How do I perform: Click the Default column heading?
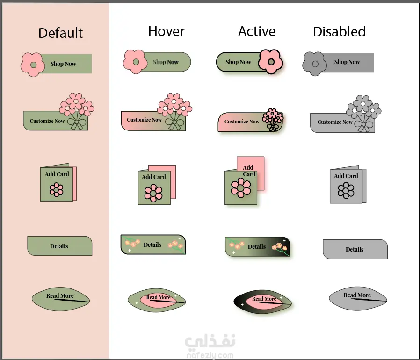coord(60,33)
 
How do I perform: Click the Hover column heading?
coord(166,31)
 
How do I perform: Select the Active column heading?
coord(257,31)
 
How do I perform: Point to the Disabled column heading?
coord(339,32)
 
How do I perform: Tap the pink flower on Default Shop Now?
coord(33,64)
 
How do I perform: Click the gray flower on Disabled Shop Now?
coord(315,64)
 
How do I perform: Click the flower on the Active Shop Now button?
coord(271,61)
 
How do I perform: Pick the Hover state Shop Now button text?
coord(166,62)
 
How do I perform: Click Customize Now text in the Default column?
coord(47,121)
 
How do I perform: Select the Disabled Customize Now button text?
coord(335,122)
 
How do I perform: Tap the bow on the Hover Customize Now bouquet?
coord(175,123)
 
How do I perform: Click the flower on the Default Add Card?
coord(57,189)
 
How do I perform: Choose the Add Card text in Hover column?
coord(154,177)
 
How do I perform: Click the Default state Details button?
coord(59,246)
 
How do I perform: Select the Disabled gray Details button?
coord(355,249)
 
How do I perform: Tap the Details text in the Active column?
coord(257,246)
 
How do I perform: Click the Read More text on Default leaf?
coord(60,295)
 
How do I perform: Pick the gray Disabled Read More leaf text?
coord(357,295)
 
